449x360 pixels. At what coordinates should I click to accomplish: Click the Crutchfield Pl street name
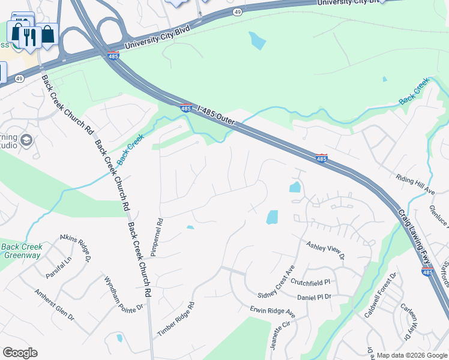(x=310, y=281)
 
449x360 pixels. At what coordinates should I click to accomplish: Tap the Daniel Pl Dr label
(x=315, y=297)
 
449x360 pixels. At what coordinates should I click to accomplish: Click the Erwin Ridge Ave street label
(x=273, y=312)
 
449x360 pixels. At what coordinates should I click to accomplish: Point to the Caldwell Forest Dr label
(x=380, y=296)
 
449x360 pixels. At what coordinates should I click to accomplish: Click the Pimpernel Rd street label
(x=156, y=237)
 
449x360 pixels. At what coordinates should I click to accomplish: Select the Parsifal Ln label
(x=59, y=268)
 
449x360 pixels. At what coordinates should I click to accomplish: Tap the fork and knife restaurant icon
(x=29, y=37)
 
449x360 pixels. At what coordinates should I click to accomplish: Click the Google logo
(x=20, y=352)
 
